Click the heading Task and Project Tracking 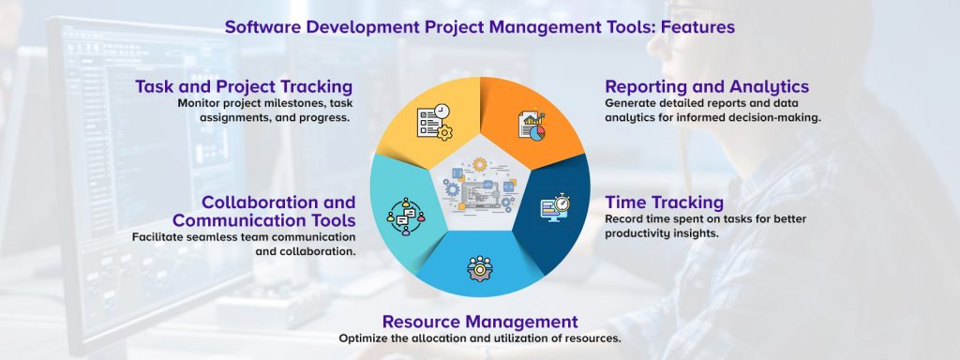pos(244,87)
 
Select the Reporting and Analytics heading pos(707,87)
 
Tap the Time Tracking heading pos(664,202)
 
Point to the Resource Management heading pos(479,322)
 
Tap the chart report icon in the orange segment pos(531,126)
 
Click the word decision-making pos(773,118)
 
